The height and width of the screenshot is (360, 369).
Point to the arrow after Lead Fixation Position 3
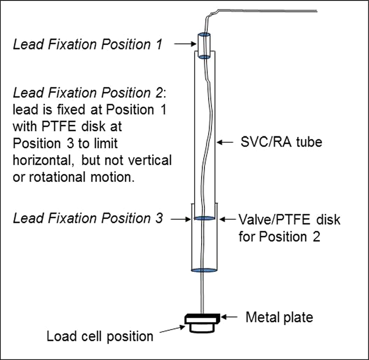tap(179, 219)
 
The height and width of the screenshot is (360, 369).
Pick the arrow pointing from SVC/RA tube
tap(225, 141)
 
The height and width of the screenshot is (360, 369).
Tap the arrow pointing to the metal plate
tap(230, 317)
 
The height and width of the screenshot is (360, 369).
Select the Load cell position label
tap(100, 336)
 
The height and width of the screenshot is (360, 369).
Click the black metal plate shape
tap(202, 319)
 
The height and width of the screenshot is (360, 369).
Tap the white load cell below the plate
tap(203, 328)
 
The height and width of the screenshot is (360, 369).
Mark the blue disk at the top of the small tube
tap(204, 35)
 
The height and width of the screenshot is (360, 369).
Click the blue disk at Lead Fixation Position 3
tap(204, 218)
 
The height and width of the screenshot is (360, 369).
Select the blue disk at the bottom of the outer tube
tap(204, 270)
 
